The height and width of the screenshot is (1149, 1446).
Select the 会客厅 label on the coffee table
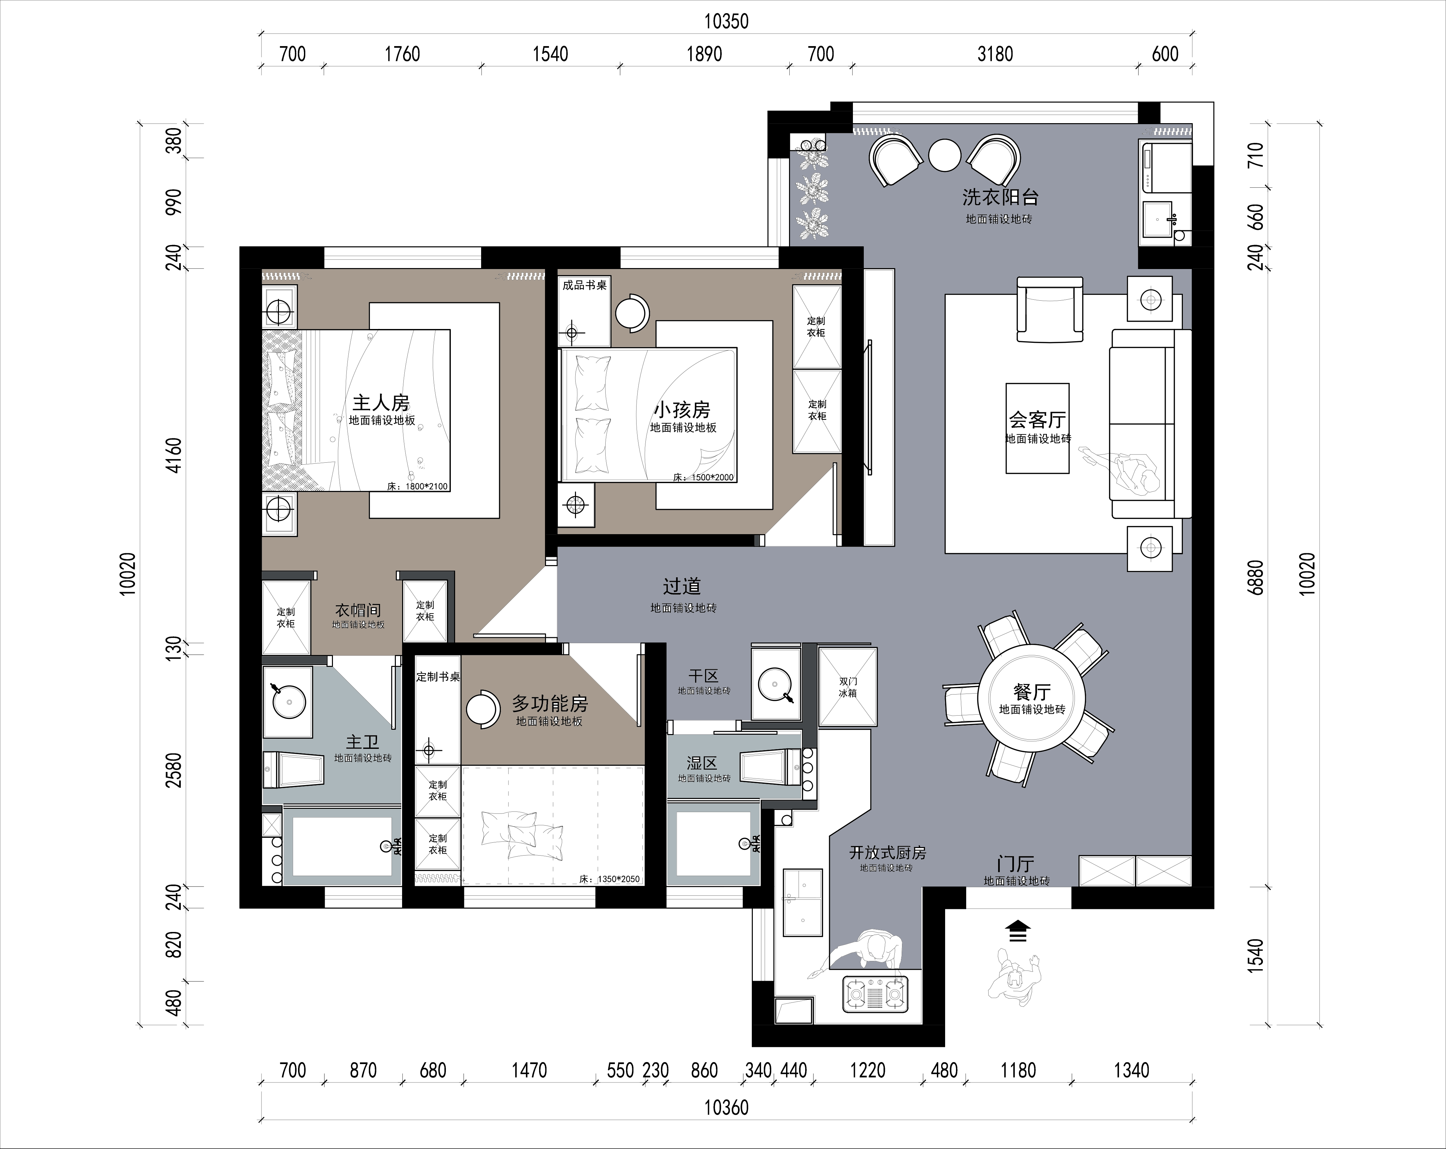pyautogui.click(x=1038, y=420)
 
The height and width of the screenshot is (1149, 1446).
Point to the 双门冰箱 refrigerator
pyautogui.click(x=848, y=687)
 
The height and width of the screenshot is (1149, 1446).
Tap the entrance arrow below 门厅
pyautogui.click(x=1018, y=932)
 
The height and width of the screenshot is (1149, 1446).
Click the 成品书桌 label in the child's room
pyautogui.click(x=584, y=285)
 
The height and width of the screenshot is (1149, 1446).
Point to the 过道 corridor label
pyautogui.click(x=682, y=586)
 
